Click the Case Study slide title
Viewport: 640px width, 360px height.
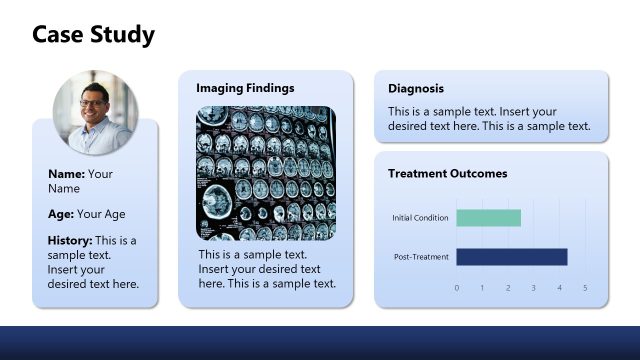(93, 35)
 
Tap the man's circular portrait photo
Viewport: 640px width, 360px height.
(96, 112)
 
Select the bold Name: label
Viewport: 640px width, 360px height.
(66, 174)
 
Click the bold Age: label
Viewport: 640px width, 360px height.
(60, 214)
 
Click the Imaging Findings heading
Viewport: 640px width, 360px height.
(245, 88)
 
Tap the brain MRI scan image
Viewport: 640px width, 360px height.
(265, 174)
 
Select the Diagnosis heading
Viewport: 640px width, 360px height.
(415, 88)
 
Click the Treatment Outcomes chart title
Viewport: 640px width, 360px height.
(447, 173)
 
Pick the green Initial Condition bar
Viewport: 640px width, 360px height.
(488, 218)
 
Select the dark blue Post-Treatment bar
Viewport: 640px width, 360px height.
(511, 257)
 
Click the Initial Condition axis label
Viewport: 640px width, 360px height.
(421, 218)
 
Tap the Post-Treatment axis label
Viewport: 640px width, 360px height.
(422, 257)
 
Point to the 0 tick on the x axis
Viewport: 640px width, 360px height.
(457, 288)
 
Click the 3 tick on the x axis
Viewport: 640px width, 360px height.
(534, 288)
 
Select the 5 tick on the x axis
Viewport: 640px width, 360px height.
(585, 288)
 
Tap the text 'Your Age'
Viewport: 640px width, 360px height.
(101, 214)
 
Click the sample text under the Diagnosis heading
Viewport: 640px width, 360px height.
(489, 119)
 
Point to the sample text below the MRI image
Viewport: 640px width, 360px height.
(266, 269)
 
